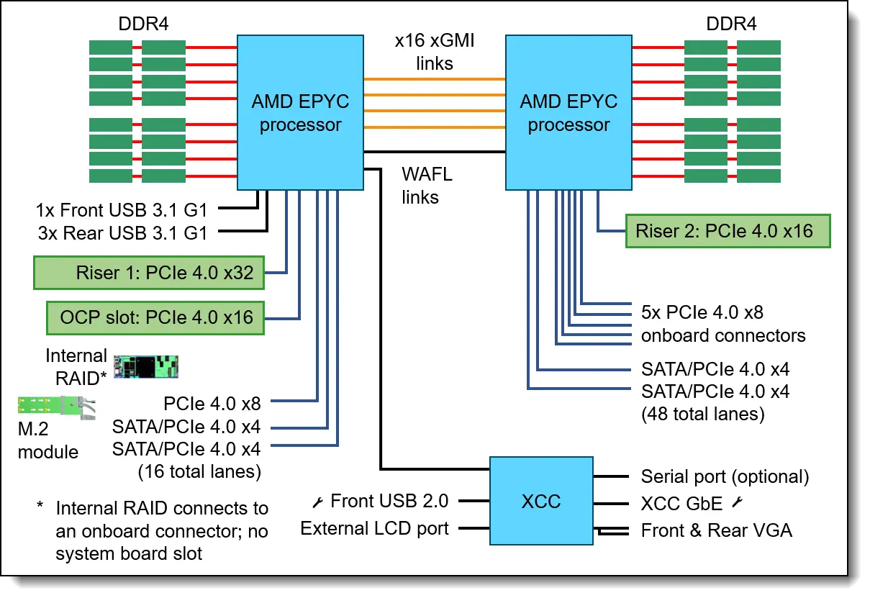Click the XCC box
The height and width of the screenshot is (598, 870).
[540, 501]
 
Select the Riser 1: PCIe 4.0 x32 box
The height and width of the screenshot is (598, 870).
[149, 273]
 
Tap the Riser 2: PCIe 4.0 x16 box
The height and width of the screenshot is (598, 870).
[728, 231]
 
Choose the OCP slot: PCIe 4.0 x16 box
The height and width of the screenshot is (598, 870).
[156, 317]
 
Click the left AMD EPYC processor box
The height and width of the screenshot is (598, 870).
[300, 113]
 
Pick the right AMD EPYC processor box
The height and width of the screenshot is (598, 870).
[568, 113]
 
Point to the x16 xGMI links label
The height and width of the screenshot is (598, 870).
[435, 53]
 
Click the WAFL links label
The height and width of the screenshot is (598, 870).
[427, 185]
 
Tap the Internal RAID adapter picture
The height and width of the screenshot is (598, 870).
[146, 366]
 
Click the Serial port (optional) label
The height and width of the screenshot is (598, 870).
[725, 476]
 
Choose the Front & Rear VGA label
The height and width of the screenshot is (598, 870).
[716, 531]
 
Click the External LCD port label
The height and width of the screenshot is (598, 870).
[374, 529]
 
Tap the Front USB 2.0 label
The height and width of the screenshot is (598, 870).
[389, 501]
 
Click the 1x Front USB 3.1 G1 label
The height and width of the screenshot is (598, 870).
[122, 210]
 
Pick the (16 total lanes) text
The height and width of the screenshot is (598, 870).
[199, 471]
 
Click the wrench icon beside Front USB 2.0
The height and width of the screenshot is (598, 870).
[318, 501]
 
